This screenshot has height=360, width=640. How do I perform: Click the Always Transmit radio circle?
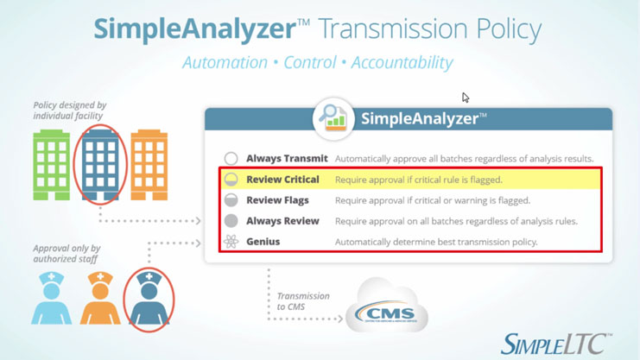click(x=231, y=159)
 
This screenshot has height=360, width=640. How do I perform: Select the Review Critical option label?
click(x=282, y=180)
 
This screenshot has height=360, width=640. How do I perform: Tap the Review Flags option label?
click(x=277, y=200)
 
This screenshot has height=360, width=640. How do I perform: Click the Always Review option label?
click(x=282, y=221)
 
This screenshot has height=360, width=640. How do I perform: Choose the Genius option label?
click(x=263, y=242)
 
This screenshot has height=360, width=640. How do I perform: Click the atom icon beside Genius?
click(x=231, y=242)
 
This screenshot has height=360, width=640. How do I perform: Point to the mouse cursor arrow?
click(x=466, y=98)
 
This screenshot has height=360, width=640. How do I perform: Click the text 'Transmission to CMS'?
click(x=302, y=301)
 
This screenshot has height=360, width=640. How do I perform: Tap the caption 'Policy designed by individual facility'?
click(x=70, y=111)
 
